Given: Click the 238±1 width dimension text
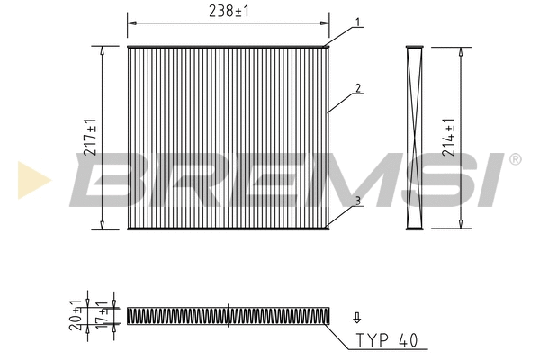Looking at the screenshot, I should [229, 11].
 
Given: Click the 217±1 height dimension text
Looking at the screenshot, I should [90, 138].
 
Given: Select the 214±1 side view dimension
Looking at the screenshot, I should [449, 138].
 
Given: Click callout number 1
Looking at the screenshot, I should [358, 22].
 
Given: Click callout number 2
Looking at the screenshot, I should [358, 88].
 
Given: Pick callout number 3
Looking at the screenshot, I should [358, 201].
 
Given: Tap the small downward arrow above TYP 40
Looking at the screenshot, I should [357, 317].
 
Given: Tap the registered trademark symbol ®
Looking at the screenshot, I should [515, 160].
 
